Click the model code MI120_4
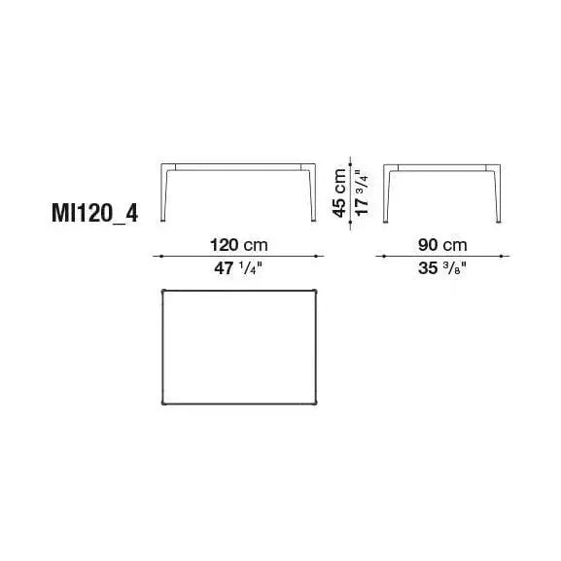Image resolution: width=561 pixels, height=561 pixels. pyautogui.click(x=95, y=214)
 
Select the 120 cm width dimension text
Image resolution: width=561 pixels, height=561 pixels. pyautogui.click(x=238, y=245)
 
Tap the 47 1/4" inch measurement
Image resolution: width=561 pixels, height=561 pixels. pyautogui.click(x=238, y=268)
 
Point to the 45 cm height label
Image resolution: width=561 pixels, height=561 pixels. pyautogui.click(x=339, y=193)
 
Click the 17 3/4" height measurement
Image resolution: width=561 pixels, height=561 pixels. pyautogui.click(x=362, y=193)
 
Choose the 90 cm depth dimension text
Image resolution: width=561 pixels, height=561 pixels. pyautogui.click(x=442, y=245)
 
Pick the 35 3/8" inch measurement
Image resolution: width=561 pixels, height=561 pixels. pyautogui.click(x=442, y=268)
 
